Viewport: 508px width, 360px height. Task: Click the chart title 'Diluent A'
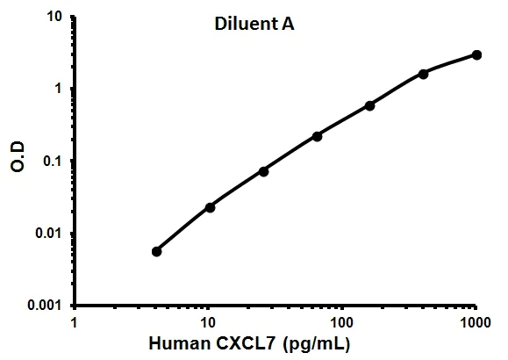pyautogui.click(x=255, y=25)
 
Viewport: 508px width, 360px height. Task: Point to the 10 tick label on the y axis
pyautogui.click(x=53, y=17)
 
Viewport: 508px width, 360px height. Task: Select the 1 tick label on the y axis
pyautogui.click(x=57, y=89)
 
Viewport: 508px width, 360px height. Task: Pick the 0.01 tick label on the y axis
pyautogui.click(x=47, y=234)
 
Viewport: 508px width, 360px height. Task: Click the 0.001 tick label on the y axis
pyautogui.click(x=44, y=306)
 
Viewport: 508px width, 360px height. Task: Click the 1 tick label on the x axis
pyautogui.click(x=75, y=321)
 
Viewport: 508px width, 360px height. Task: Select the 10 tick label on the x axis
pyautogui.click(x=208, y=321)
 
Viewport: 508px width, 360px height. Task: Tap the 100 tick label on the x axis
pyautogui.click(x=342, y=321)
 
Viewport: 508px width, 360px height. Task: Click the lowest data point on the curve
pyautogui.click(x=156, y=251)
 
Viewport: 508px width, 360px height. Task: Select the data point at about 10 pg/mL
pyautogui.click(x=210, y=207)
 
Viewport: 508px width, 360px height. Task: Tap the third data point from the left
pyautogui.click(x=263, y=171)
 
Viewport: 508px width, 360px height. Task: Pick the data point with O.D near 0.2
pyautogui.click(x=317, y=136)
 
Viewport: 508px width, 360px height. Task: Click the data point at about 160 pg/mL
pyautogui.click(x=369, y=105)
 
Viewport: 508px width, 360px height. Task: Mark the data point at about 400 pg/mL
pyautogui.click(x=423, y=74)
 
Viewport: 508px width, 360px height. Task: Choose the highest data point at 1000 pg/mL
pyautogui.click(x=476, y=54)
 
